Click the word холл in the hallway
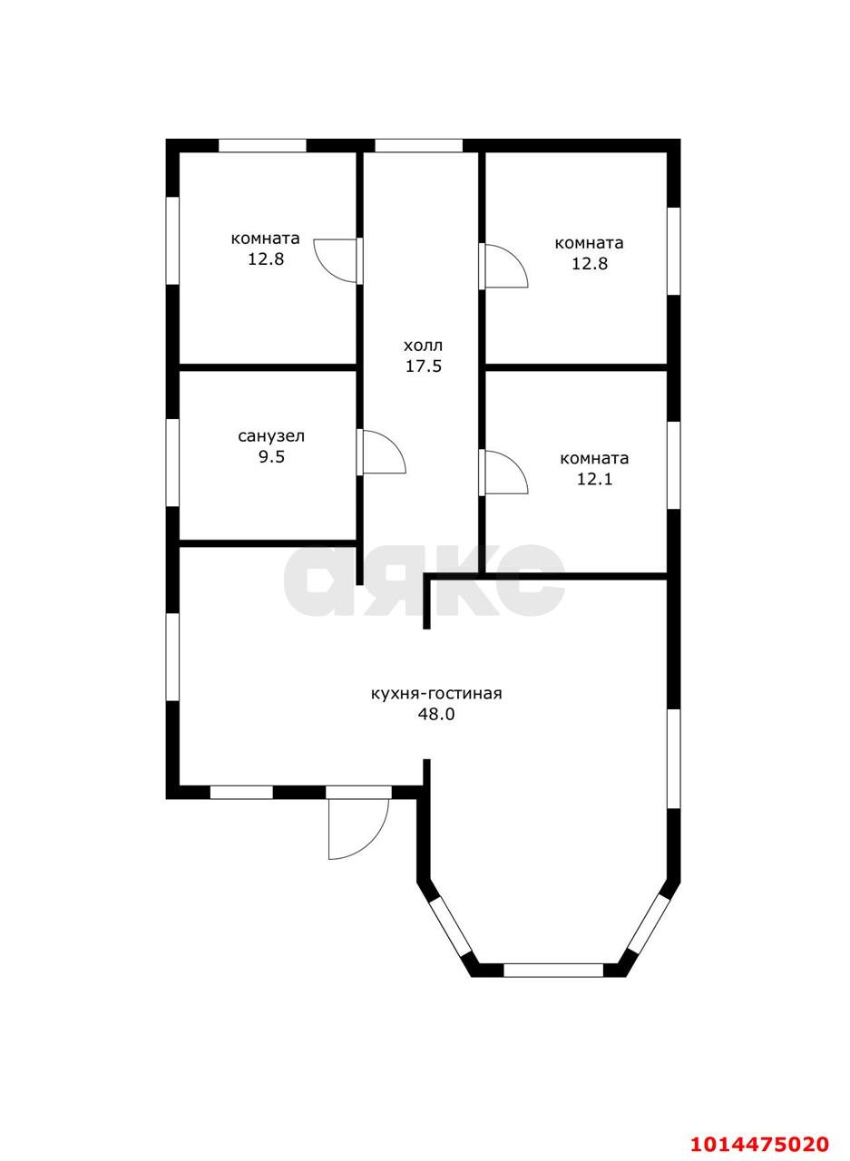pyautogui.click(x=424, y=346)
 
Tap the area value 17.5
pyautogui.click(x=424, y=366)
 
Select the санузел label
pyautogui.click(x=271, y=436)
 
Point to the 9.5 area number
pyautogui.click(x=271, y=457)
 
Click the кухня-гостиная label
pyautogui.click(x=436, y=694)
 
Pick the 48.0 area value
pyautogui.click(x=436, y=715)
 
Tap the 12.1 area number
pyautogui.click(x=594, y=479)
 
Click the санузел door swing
pyautogui.click(x=383, y=452)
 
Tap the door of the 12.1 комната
pyautogui.click(x=504, y=472)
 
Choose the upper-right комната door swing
pyautogui.click(x=504, y=266)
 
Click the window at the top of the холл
pyautogui.click(x=419, y=146)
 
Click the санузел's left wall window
pyautogui.click(x=172, y=463)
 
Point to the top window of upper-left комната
pyautogui.click(x=262, y=146)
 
